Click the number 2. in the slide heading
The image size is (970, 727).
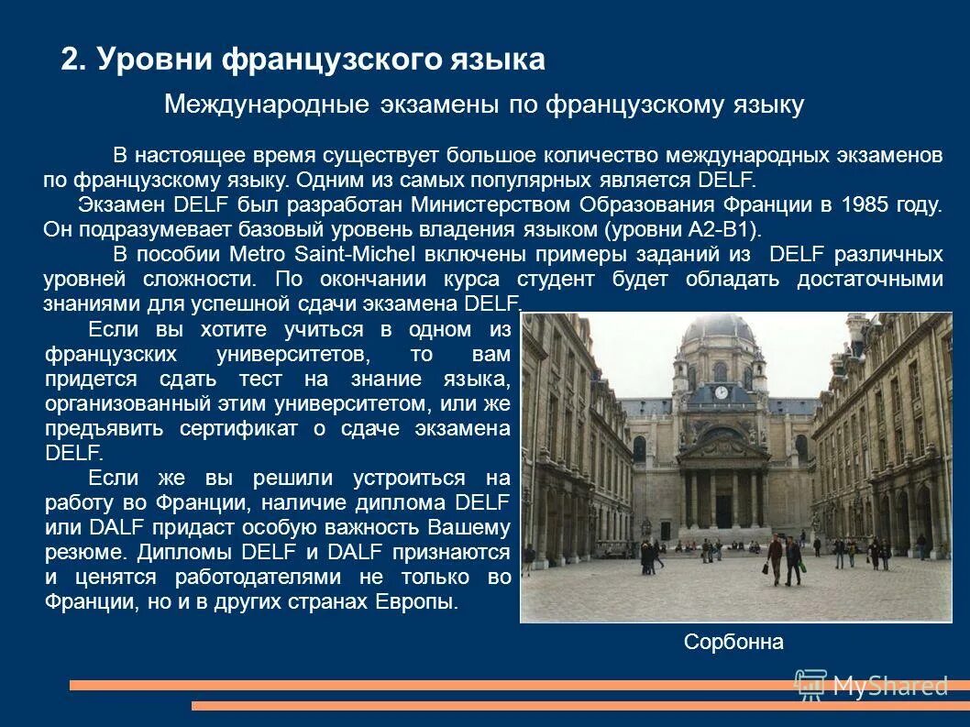pos(73,61)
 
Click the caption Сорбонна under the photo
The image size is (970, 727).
pos(733,642)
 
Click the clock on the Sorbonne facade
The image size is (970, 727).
pos(721,392)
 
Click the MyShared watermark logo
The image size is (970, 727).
pos(871,685)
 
